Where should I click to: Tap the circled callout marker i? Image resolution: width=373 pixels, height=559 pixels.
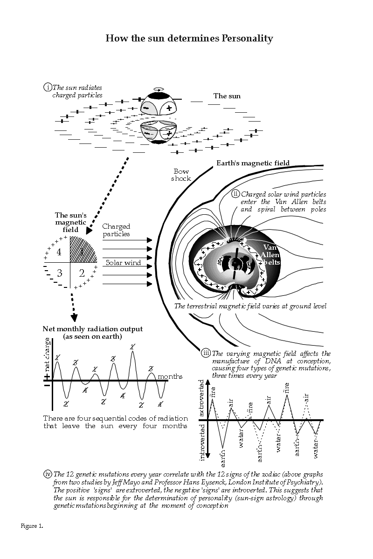48,87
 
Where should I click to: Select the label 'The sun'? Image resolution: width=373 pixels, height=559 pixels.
227,96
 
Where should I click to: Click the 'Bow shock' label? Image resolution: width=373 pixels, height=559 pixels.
181,175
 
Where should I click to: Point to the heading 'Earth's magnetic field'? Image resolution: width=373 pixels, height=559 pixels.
253,163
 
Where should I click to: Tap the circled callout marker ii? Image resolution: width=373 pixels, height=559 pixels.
235,194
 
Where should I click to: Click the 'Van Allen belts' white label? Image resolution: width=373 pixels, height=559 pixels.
270,255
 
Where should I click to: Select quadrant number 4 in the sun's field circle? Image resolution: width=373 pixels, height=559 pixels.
59,252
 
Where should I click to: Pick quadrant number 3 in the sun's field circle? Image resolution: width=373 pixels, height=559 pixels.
59,273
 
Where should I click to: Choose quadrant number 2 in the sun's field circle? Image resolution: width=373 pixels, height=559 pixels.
82,273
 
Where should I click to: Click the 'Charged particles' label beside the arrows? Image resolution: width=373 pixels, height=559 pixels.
116,230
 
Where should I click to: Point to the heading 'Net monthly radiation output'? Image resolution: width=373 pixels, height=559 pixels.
92,329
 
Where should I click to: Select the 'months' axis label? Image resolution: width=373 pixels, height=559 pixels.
170,376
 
